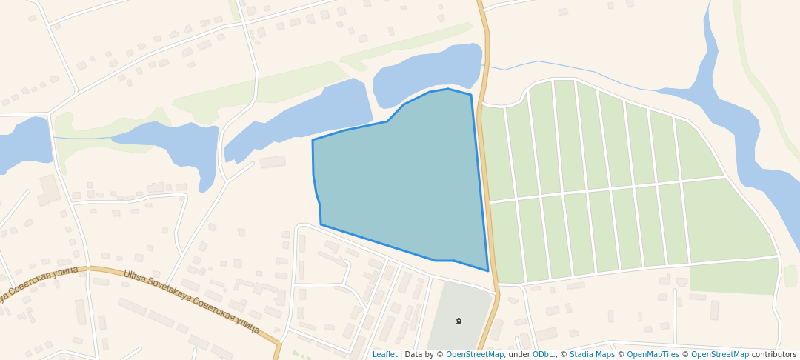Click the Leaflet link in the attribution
[x=384, y=355]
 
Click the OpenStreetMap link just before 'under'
[x=475, y=355]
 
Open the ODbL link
[x=543, y=355]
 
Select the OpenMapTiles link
[x=653, y=355]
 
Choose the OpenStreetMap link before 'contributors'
[x=720, y=355]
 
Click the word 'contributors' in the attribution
[x=774, y=355]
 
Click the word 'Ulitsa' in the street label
[x=135, y=277]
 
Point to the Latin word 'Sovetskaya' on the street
[x=172, y=287]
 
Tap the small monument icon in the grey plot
[x=459, y=321]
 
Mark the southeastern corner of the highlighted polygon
[x=487, y=270]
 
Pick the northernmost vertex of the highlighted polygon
[x=448, y=89]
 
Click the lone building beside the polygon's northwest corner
[x=272, y=161]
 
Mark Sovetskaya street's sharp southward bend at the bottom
[x=279, y=344]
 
